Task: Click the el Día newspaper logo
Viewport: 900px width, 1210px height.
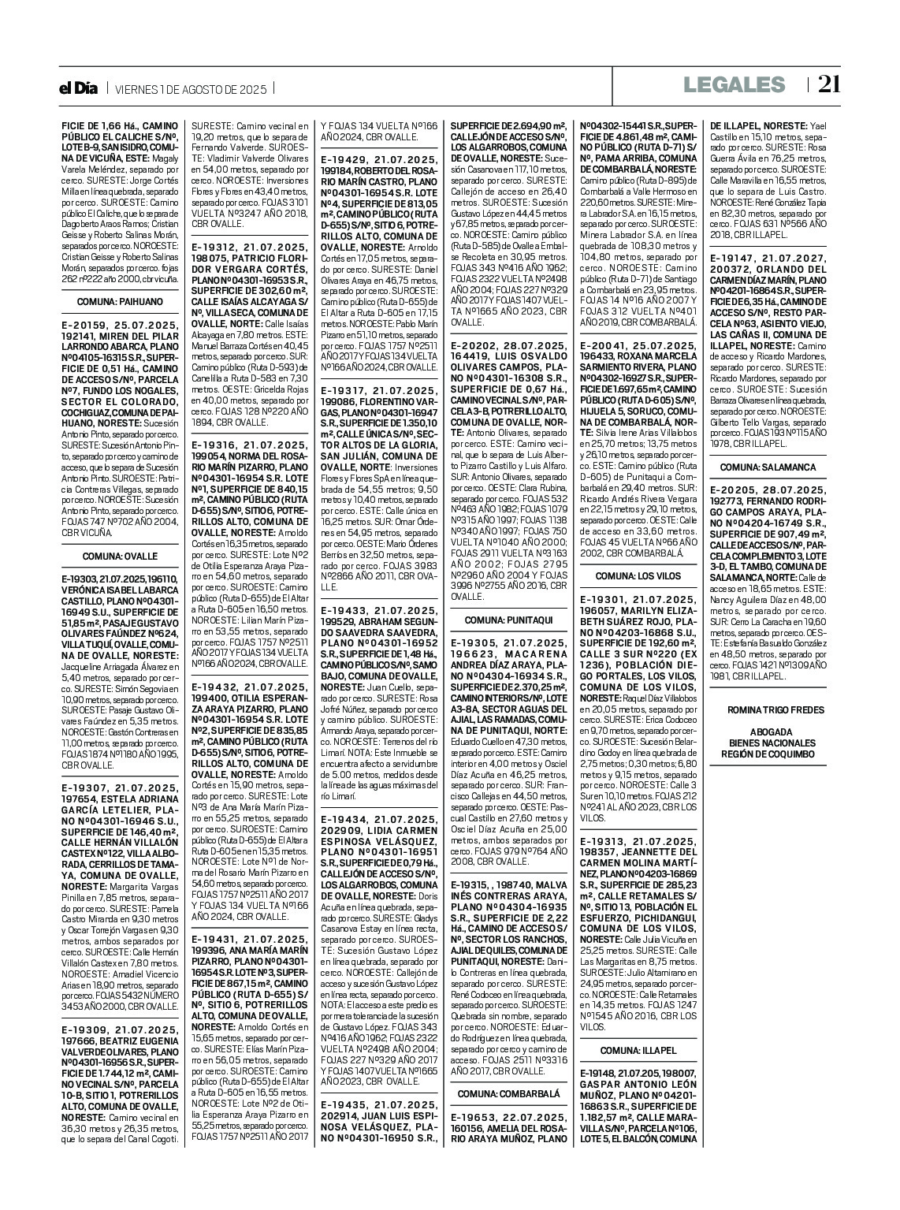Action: (79, 88)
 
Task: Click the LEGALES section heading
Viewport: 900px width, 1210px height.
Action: (735, 85)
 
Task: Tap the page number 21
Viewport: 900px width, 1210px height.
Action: (828, 84)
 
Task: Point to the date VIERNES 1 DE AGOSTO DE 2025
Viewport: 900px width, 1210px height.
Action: (191, 89)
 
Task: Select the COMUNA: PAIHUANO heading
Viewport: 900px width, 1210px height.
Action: (120, 301)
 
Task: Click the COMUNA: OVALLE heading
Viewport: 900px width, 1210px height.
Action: (120, 556)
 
